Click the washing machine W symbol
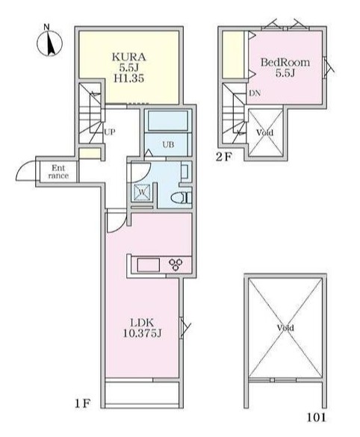141,192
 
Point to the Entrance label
59,172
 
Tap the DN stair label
254,93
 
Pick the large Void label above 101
285,329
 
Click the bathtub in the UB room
169,122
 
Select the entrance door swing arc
23,172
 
